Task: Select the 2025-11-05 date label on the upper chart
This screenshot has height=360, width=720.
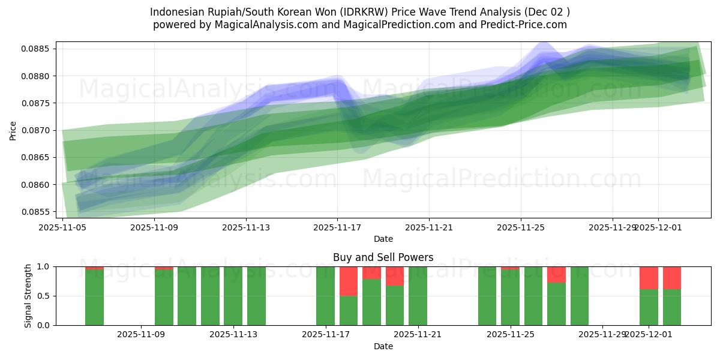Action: pos(63,227)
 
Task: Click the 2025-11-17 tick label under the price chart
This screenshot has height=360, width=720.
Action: pos(337,227)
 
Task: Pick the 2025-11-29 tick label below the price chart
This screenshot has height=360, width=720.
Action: pos(612,227)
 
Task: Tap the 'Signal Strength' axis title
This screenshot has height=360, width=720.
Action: pos(28,296)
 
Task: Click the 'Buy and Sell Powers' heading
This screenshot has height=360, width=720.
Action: pos(383,257)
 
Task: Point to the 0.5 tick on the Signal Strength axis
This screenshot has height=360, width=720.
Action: pos(43,296)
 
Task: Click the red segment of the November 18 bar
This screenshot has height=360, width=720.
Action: pos(349,281)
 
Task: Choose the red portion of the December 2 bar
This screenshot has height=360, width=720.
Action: pos(671,278)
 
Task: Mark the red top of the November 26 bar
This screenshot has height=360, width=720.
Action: pos(556,274)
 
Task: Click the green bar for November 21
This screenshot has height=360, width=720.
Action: pos(418,296)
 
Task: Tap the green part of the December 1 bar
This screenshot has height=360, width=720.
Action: pos(649,307)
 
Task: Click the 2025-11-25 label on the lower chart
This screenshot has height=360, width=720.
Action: pos(510,334)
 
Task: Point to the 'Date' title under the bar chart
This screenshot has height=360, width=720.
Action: pos(383,346)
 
